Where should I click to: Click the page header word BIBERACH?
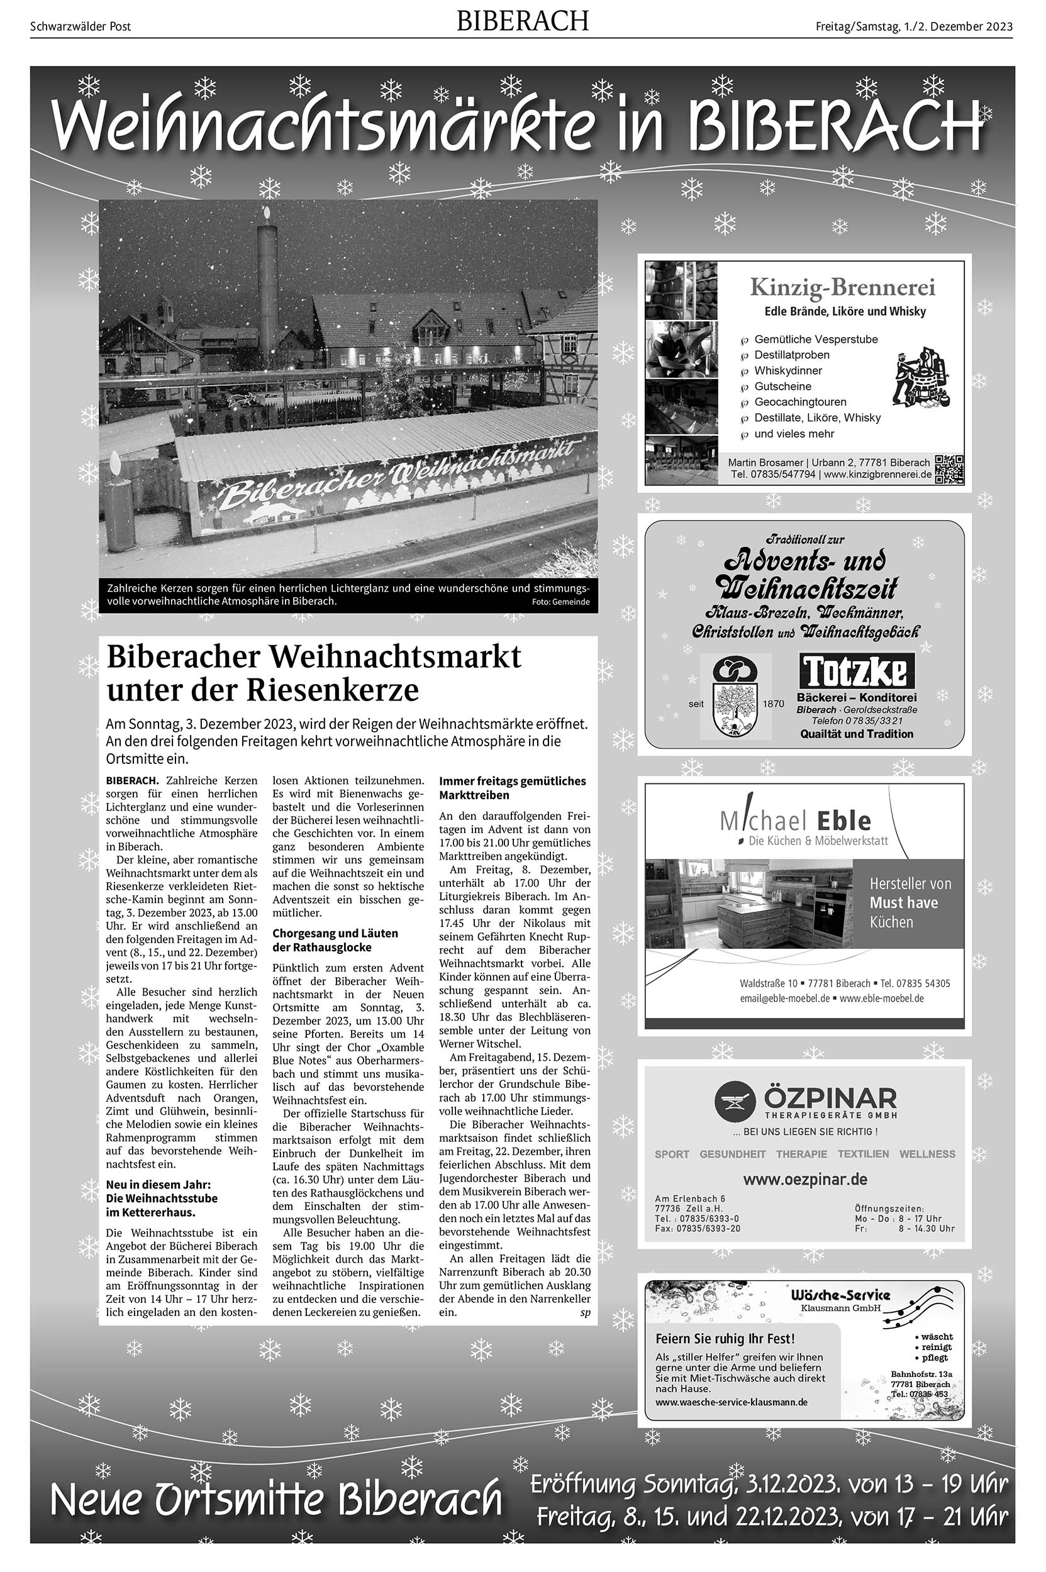tap(522, 21)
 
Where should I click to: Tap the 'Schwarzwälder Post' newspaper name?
tap(81, 26)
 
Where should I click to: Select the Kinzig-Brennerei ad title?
tap(843, 287)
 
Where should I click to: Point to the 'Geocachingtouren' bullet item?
tap(800, 402)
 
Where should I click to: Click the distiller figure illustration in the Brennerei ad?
tap(924, 377)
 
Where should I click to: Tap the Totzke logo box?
tap(857, 671)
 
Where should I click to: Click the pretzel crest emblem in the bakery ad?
tap(735, 695)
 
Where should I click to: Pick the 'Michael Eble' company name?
tap(796, 821)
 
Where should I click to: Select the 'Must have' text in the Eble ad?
tap(903, 903)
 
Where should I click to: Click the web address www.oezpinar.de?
tap(805, 1179)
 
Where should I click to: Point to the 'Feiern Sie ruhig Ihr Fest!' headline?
tap(725, 1339)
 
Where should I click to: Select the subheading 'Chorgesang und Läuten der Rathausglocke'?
tap(335, 941)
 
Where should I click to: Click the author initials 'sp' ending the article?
tap(585, 1312)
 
